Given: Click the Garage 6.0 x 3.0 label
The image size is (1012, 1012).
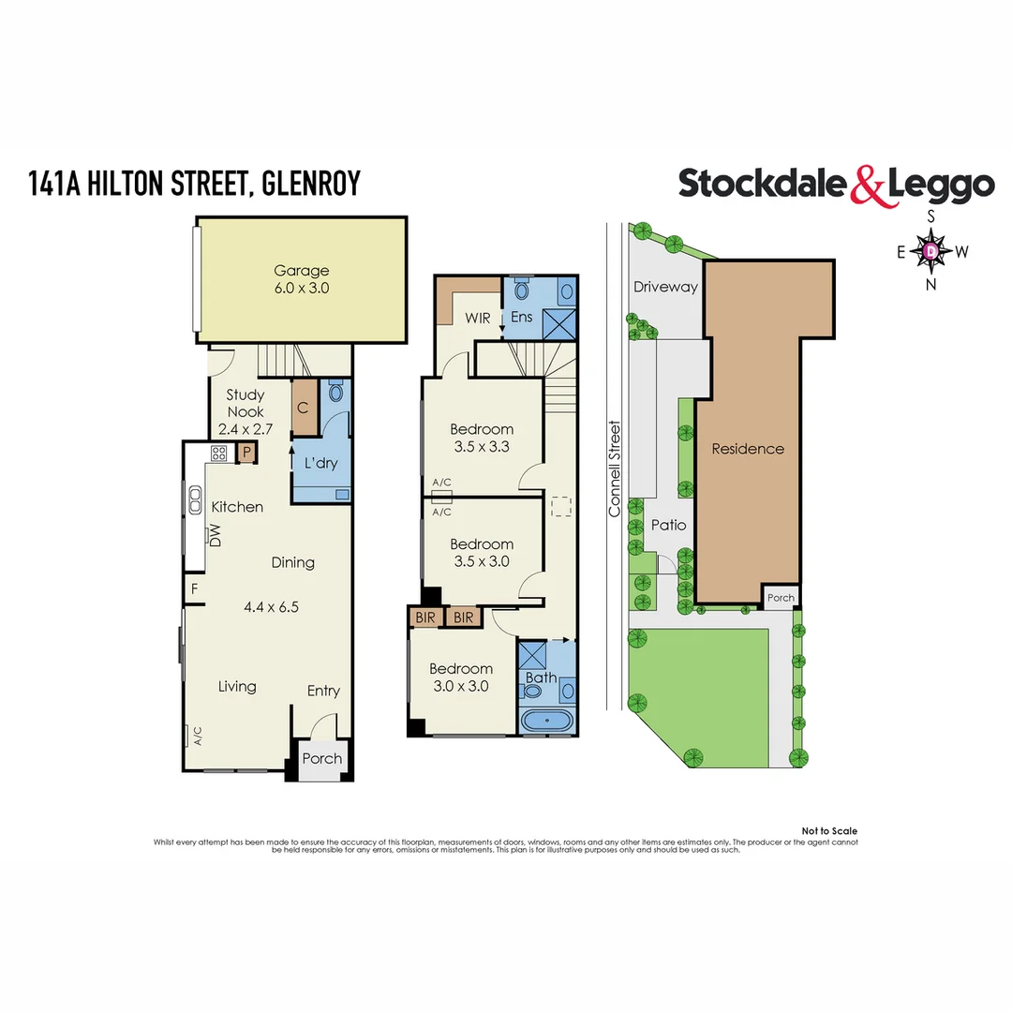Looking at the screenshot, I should pos(301,279).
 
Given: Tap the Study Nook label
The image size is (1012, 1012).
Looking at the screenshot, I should pos(246,411).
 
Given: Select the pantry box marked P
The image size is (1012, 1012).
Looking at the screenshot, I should pos(246,453).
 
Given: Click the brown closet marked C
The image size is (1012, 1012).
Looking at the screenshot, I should pos(304,408).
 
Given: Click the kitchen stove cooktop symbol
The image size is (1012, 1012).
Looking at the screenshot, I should pos(219,454).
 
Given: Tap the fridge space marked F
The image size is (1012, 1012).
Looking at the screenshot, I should pos(194,589).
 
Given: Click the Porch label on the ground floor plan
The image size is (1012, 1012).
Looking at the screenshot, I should pos(322,758).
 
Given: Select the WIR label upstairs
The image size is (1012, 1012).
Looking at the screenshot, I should pos(478,318).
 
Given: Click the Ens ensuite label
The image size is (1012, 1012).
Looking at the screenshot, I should pos(521,318).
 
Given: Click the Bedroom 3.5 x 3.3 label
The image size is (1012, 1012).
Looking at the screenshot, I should pos(482,438).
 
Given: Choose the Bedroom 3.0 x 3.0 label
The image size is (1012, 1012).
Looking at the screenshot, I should pos(461,677).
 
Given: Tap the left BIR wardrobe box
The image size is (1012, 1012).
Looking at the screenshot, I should pos(425,617).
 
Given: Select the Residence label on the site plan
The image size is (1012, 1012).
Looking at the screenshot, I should pos(747,449).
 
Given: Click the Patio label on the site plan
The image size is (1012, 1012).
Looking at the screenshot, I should pos(669,525).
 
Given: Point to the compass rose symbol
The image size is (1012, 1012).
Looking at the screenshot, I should pos(930,251).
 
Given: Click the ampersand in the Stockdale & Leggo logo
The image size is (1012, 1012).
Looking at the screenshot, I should pos(868,186).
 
